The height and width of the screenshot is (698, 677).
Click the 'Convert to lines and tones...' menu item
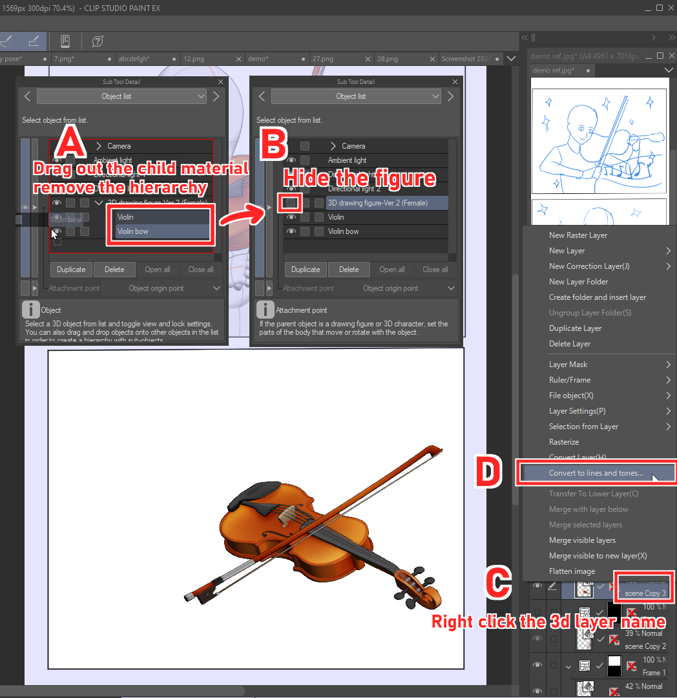point(596,473)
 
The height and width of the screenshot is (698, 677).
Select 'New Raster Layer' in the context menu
point(578,235)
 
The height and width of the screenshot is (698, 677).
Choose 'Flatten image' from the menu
point(572,571)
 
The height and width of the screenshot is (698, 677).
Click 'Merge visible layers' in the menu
point(582,540)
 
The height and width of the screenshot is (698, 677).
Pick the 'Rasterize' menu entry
point(564,442)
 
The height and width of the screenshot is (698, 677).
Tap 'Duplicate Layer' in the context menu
point(575,328)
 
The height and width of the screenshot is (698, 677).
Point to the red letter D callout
point(489,472)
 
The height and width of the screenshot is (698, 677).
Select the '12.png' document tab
point(194,59)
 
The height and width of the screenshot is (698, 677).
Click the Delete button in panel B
point(348,270)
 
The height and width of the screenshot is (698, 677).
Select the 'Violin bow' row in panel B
point(343,231)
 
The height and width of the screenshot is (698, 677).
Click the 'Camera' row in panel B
point(353,146)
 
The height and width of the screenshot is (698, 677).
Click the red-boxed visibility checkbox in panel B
point(290,203)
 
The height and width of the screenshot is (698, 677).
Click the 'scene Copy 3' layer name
point(645,593)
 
